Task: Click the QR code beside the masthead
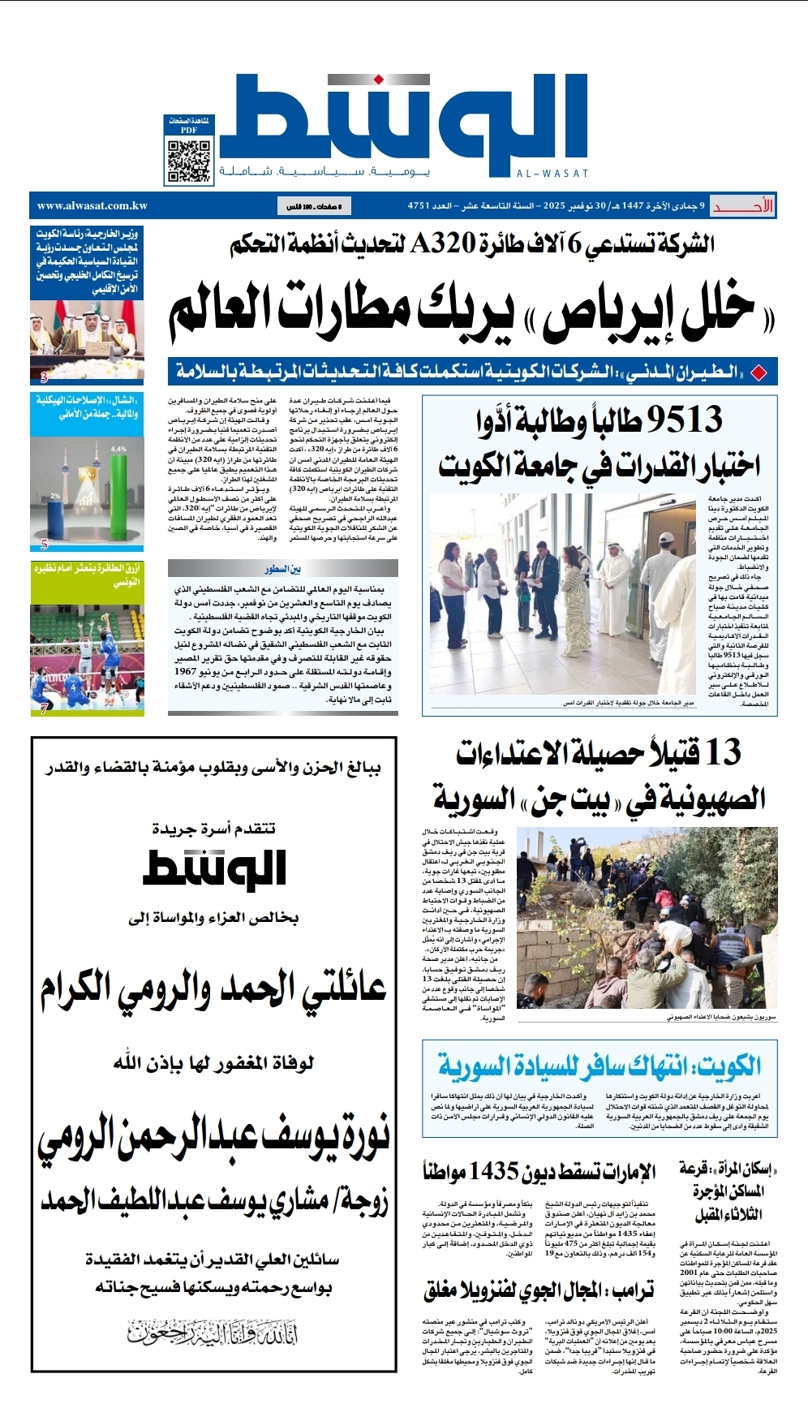coord(190,161)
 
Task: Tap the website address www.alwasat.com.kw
coord(92,206)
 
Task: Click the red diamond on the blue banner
coord(759,373)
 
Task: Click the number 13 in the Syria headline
coord(723,752)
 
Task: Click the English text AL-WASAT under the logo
coord(552,174)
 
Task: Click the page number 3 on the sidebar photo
coord(44,377)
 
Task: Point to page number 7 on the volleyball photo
coord(44,708)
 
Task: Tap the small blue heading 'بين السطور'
coord(282,569)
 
